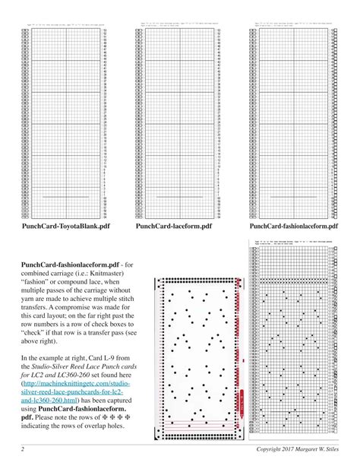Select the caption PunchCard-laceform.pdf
[x=173, y=226]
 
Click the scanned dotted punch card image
[x=197, y=350]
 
